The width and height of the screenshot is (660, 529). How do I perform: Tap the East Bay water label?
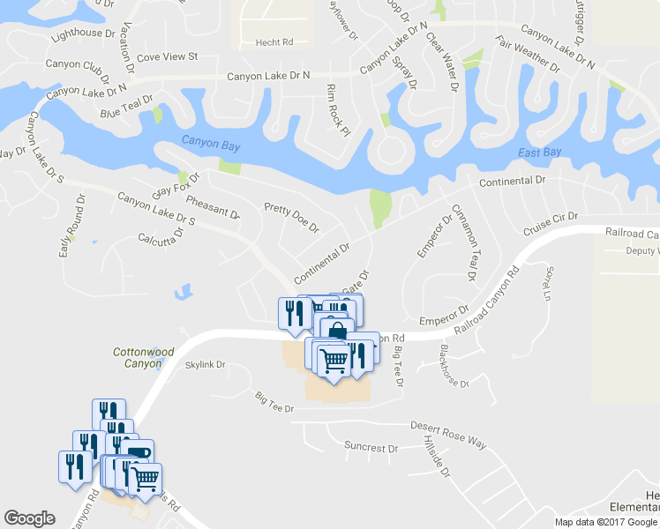pos(540,153)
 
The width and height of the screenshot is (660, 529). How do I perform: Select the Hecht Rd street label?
pos(274,41)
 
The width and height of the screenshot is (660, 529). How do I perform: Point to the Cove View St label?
pos(168,56)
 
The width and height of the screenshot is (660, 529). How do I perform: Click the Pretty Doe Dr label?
pos(291,217)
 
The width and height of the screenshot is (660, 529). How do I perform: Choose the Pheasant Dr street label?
pos(213,207)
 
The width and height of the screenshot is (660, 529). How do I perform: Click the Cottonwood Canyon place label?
pos(144,357)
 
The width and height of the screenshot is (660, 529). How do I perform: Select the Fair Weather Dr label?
pos(528,55)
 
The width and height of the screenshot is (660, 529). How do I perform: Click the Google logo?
pos(29,518)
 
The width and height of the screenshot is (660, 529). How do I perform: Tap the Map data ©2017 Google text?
pos(605,522)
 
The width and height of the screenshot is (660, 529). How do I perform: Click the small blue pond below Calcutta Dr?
pos(184,290)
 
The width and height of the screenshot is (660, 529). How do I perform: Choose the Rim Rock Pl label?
pos(339,110)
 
